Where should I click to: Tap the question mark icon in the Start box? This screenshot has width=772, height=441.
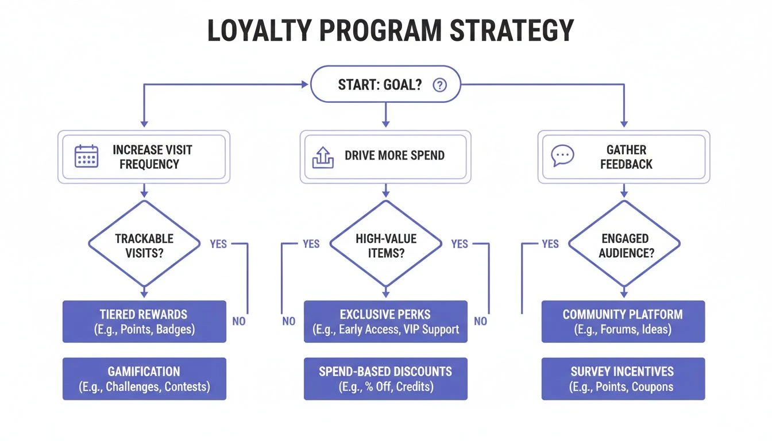click(x=439, y=85)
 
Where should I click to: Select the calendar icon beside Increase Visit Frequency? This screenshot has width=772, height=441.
click(x=87, y=156)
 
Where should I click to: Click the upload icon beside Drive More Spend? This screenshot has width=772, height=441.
click(x=323, y=157)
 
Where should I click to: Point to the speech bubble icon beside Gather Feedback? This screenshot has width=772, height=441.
click(x=562, y=156)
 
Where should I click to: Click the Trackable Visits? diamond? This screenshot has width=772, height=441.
click(x=144, y=245)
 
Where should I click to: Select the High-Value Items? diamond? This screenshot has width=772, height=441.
click(x=385, y=245)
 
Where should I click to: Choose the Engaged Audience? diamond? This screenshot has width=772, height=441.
click(x=624, y=245)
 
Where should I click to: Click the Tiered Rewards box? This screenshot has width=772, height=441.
click(x=144, y=322)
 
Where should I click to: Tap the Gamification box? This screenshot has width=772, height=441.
click(x=144, y=378)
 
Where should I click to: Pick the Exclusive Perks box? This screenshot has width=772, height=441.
click(x=385, y=322)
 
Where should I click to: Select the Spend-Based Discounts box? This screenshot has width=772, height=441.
click(x=385, y=378)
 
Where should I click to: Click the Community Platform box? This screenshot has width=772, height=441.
click(x=623, y=322)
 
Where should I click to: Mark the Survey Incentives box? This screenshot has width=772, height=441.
click(x=623, y=378)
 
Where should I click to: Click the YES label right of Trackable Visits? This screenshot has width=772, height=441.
click(x=218, y=244)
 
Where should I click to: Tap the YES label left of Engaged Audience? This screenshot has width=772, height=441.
click(x=550, y=244)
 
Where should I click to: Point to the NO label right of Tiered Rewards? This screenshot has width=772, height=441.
click(x=239, y=321)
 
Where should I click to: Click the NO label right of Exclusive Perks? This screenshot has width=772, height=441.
click(x=480, y=321)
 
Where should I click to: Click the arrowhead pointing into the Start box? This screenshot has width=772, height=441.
click(x=306, y=85)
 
